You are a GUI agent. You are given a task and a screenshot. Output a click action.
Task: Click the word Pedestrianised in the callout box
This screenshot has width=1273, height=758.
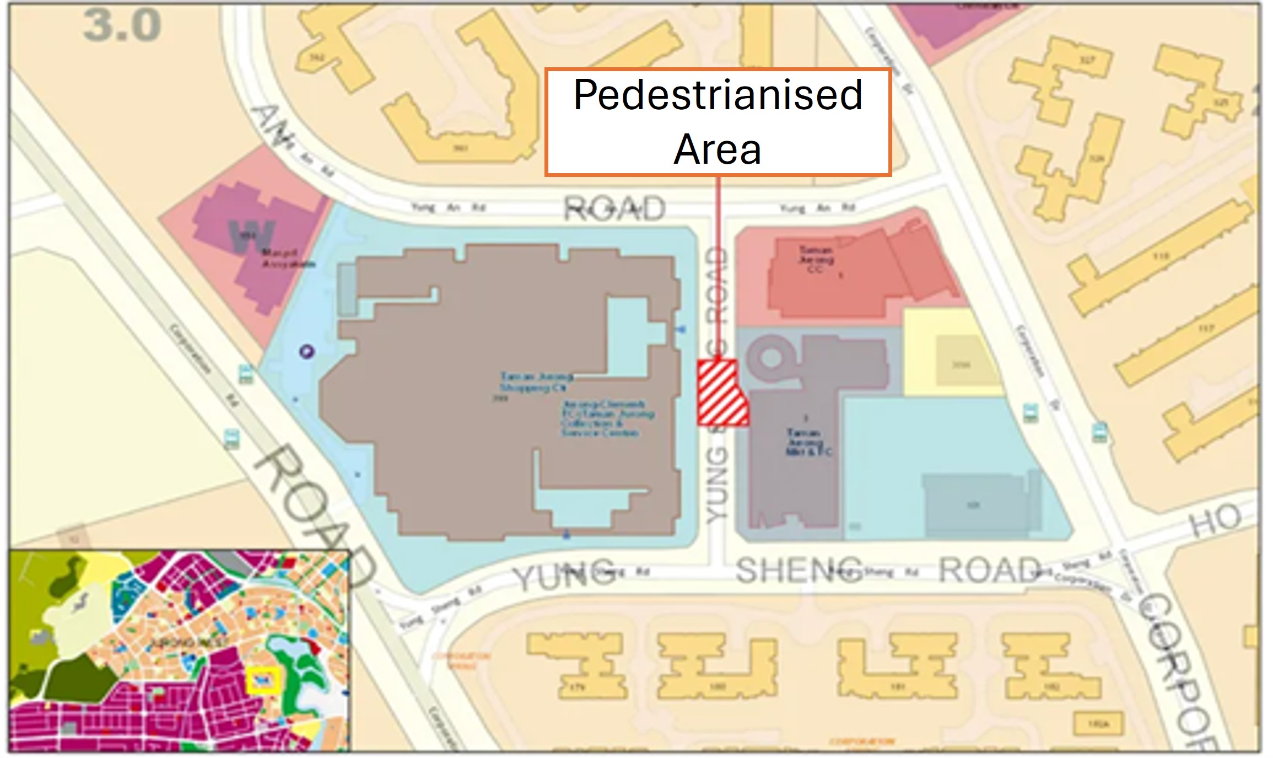click(x=718, y=95)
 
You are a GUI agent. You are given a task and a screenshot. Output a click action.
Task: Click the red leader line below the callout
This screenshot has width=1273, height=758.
click(x=718, y=265)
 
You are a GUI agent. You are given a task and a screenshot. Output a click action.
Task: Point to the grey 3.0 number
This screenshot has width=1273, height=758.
click(x=122, y=26)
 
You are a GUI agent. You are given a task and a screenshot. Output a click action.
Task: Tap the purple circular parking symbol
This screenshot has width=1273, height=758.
click(x=307, y=351)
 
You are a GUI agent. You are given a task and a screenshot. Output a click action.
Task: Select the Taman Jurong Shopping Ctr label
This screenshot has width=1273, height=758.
click(x=536, y=382)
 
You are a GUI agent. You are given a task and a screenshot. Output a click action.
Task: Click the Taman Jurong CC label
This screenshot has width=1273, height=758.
click(x=816, y=259)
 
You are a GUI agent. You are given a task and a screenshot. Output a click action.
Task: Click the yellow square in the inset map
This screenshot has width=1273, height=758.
click(x=263, y=680)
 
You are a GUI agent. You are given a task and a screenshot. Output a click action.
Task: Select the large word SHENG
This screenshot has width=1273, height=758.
click(x=799, y=571)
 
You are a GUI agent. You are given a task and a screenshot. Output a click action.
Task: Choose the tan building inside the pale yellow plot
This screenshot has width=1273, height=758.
click(x=962, y=364)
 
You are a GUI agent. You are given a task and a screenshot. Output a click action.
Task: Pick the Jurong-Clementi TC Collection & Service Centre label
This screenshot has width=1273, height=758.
click(x=606, y=419)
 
